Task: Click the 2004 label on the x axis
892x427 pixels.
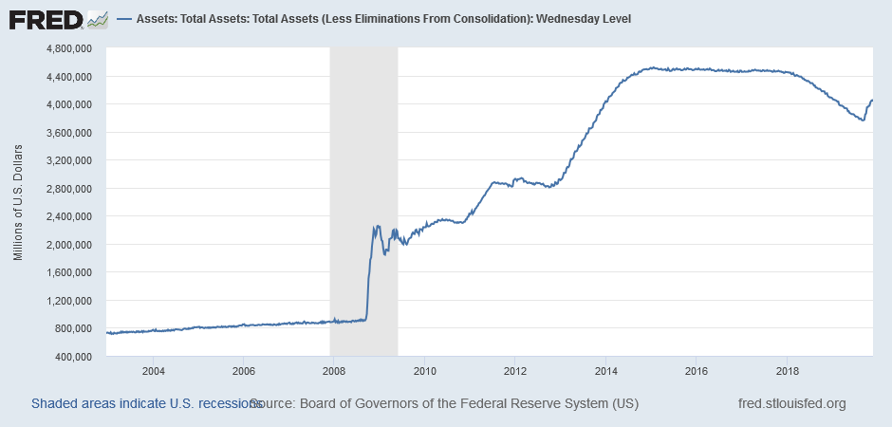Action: point(154,370)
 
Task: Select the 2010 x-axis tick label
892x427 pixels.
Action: point(424,370)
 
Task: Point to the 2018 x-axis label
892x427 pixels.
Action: point(787,370)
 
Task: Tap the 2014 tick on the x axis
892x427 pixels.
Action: point(606,370)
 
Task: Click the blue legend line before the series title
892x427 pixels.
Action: point(123,18)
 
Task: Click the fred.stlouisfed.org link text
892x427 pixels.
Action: point(791,403)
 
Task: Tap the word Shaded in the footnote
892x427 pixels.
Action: point(54,403)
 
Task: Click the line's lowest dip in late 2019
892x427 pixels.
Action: point(863,120)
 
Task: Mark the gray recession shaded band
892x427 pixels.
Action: point(363,190)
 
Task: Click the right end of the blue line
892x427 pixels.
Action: point(872,101)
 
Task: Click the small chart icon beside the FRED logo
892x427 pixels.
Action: point(98,18)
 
